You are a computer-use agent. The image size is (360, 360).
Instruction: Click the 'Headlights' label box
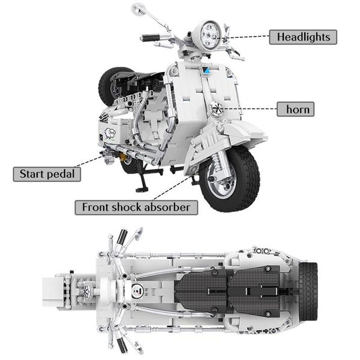[x=302, y=37]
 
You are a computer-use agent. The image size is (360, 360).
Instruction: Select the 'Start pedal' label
[x=47, y=174]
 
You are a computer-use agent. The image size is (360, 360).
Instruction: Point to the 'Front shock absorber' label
[x=136, y=207]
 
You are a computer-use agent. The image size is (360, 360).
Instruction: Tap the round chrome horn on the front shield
[x=217, y=110]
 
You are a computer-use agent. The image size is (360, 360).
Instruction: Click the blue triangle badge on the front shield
[x=205, y=70]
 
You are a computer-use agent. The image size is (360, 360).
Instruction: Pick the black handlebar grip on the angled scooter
[x=151, y=38]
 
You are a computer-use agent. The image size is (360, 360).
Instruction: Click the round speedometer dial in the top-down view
[x=137, y=293]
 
